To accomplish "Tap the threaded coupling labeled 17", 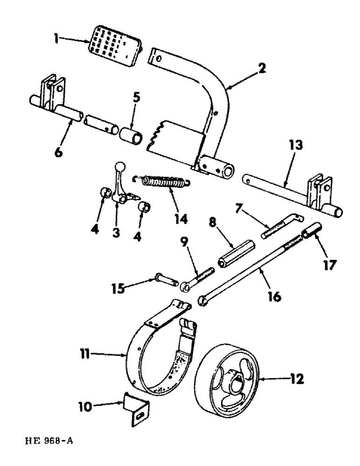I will (x=310, y=231).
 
